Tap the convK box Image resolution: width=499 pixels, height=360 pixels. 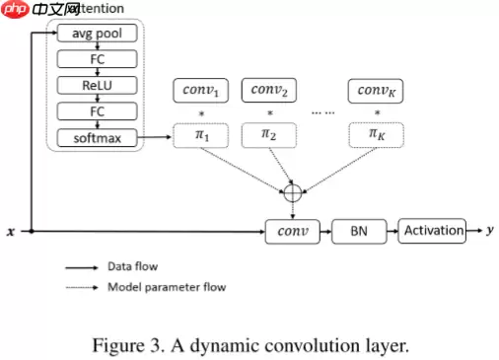tap(376, 92)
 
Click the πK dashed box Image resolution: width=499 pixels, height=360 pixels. tap(376, 134)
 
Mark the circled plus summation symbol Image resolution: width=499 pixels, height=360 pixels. tap(292, 192)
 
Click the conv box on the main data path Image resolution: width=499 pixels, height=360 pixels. tap(293, 232)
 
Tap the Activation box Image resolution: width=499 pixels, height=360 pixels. tap(432, 231)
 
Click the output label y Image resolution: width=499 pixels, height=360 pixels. tap(490, 231)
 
